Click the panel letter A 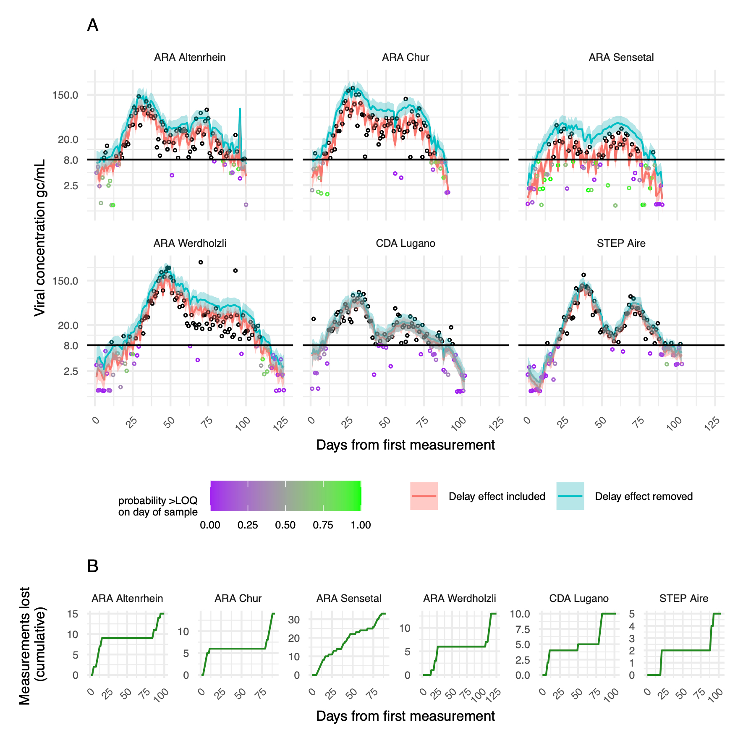point(93,26)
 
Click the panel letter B point(93,566)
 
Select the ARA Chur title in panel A point(406,58)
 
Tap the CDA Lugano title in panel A point(406,243)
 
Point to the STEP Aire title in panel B point(683,599)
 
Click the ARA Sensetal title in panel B point(349,599)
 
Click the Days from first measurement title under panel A point(406,445)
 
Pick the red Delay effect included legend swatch point(424,496)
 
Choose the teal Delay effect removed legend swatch point(570,496)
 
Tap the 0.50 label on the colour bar point(285,525)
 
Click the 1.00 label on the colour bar point(361,525)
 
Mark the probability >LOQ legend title point(158,506)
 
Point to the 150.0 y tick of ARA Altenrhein point(65,95)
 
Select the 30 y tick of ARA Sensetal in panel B point(294,620)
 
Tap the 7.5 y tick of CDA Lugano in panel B point(523,629)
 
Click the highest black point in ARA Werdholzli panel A point(201,262)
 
